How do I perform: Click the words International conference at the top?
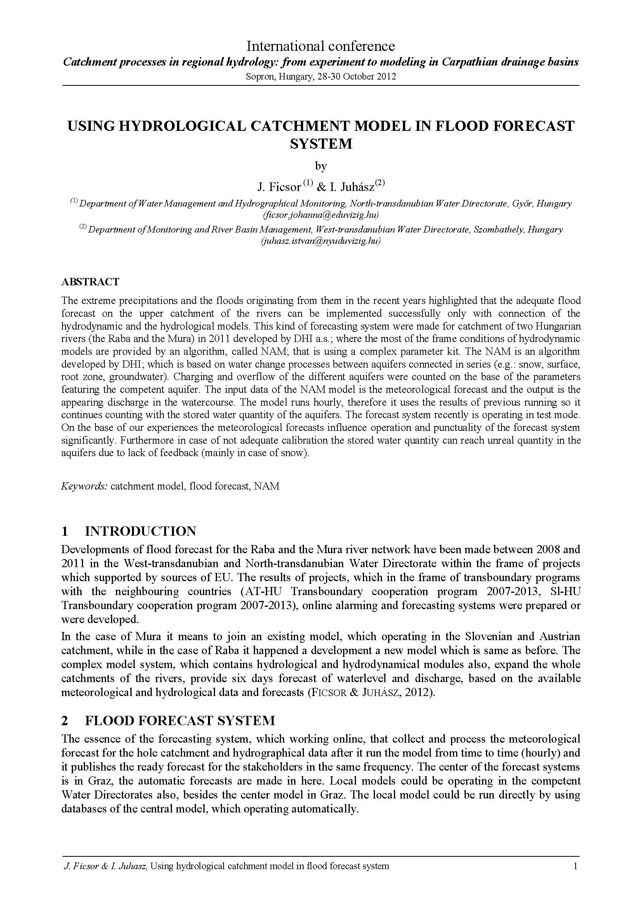pyautogui.click(x=321, y=46)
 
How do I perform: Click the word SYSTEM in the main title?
pyautogui.click(x=321, y=144)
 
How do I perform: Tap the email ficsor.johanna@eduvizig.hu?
pyautogui.click(x=321, y=215)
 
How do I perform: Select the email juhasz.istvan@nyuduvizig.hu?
pyautogui.click(x=321, y=241)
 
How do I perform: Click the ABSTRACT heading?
pyautogui.click(x=90, y=281)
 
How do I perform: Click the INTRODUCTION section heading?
pyautogui.click(x=141, y=531)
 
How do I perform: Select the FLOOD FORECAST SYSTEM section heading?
pyautogui.click(x=180, y=720)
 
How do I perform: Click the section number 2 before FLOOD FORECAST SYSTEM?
pyautogui.click(x=65, y=720)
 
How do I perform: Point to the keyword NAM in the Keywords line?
pyautogui.click(x=267, y=486)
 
